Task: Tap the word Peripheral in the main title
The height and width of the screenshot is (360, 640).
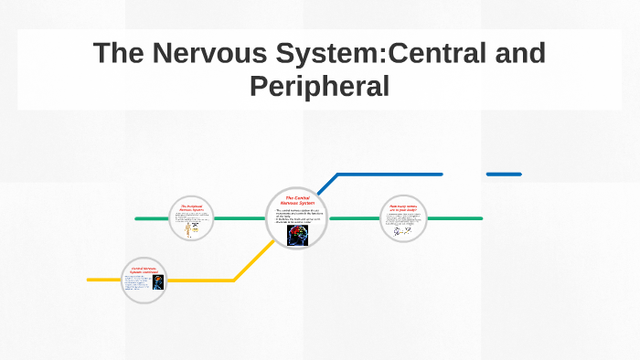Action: pos(320,86)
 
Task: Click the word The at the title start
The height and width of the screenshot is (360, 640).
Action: pos(116,53)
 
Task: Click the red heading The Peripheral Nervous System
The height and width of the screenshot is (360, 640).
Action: pos(191,209)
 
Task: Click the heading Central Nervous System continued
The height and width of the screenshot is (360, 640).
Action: pos(144,270)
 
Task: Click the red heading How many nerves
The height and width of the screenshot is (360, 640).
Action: pos(403,208)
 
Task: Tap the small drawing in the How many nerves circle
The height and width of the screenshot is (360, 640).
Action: pos(403,231)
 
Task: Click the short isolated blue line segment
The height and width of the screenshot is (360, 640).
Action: pos(504,174)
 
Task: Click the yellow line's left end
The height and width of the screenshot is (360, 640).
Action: pos(90,279)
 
